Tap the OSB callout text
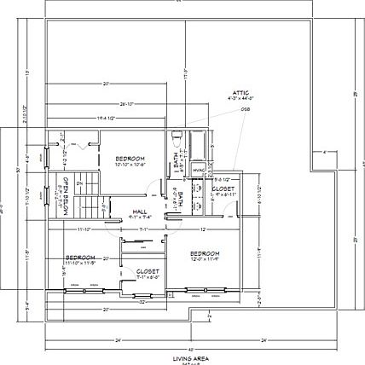click(x=245, y=109)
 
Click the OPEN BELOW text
click(x=60, y=196)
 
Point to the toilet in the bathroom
click(x=175, y=136)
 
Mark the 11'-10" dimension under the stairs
click(x=84, y=229)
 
